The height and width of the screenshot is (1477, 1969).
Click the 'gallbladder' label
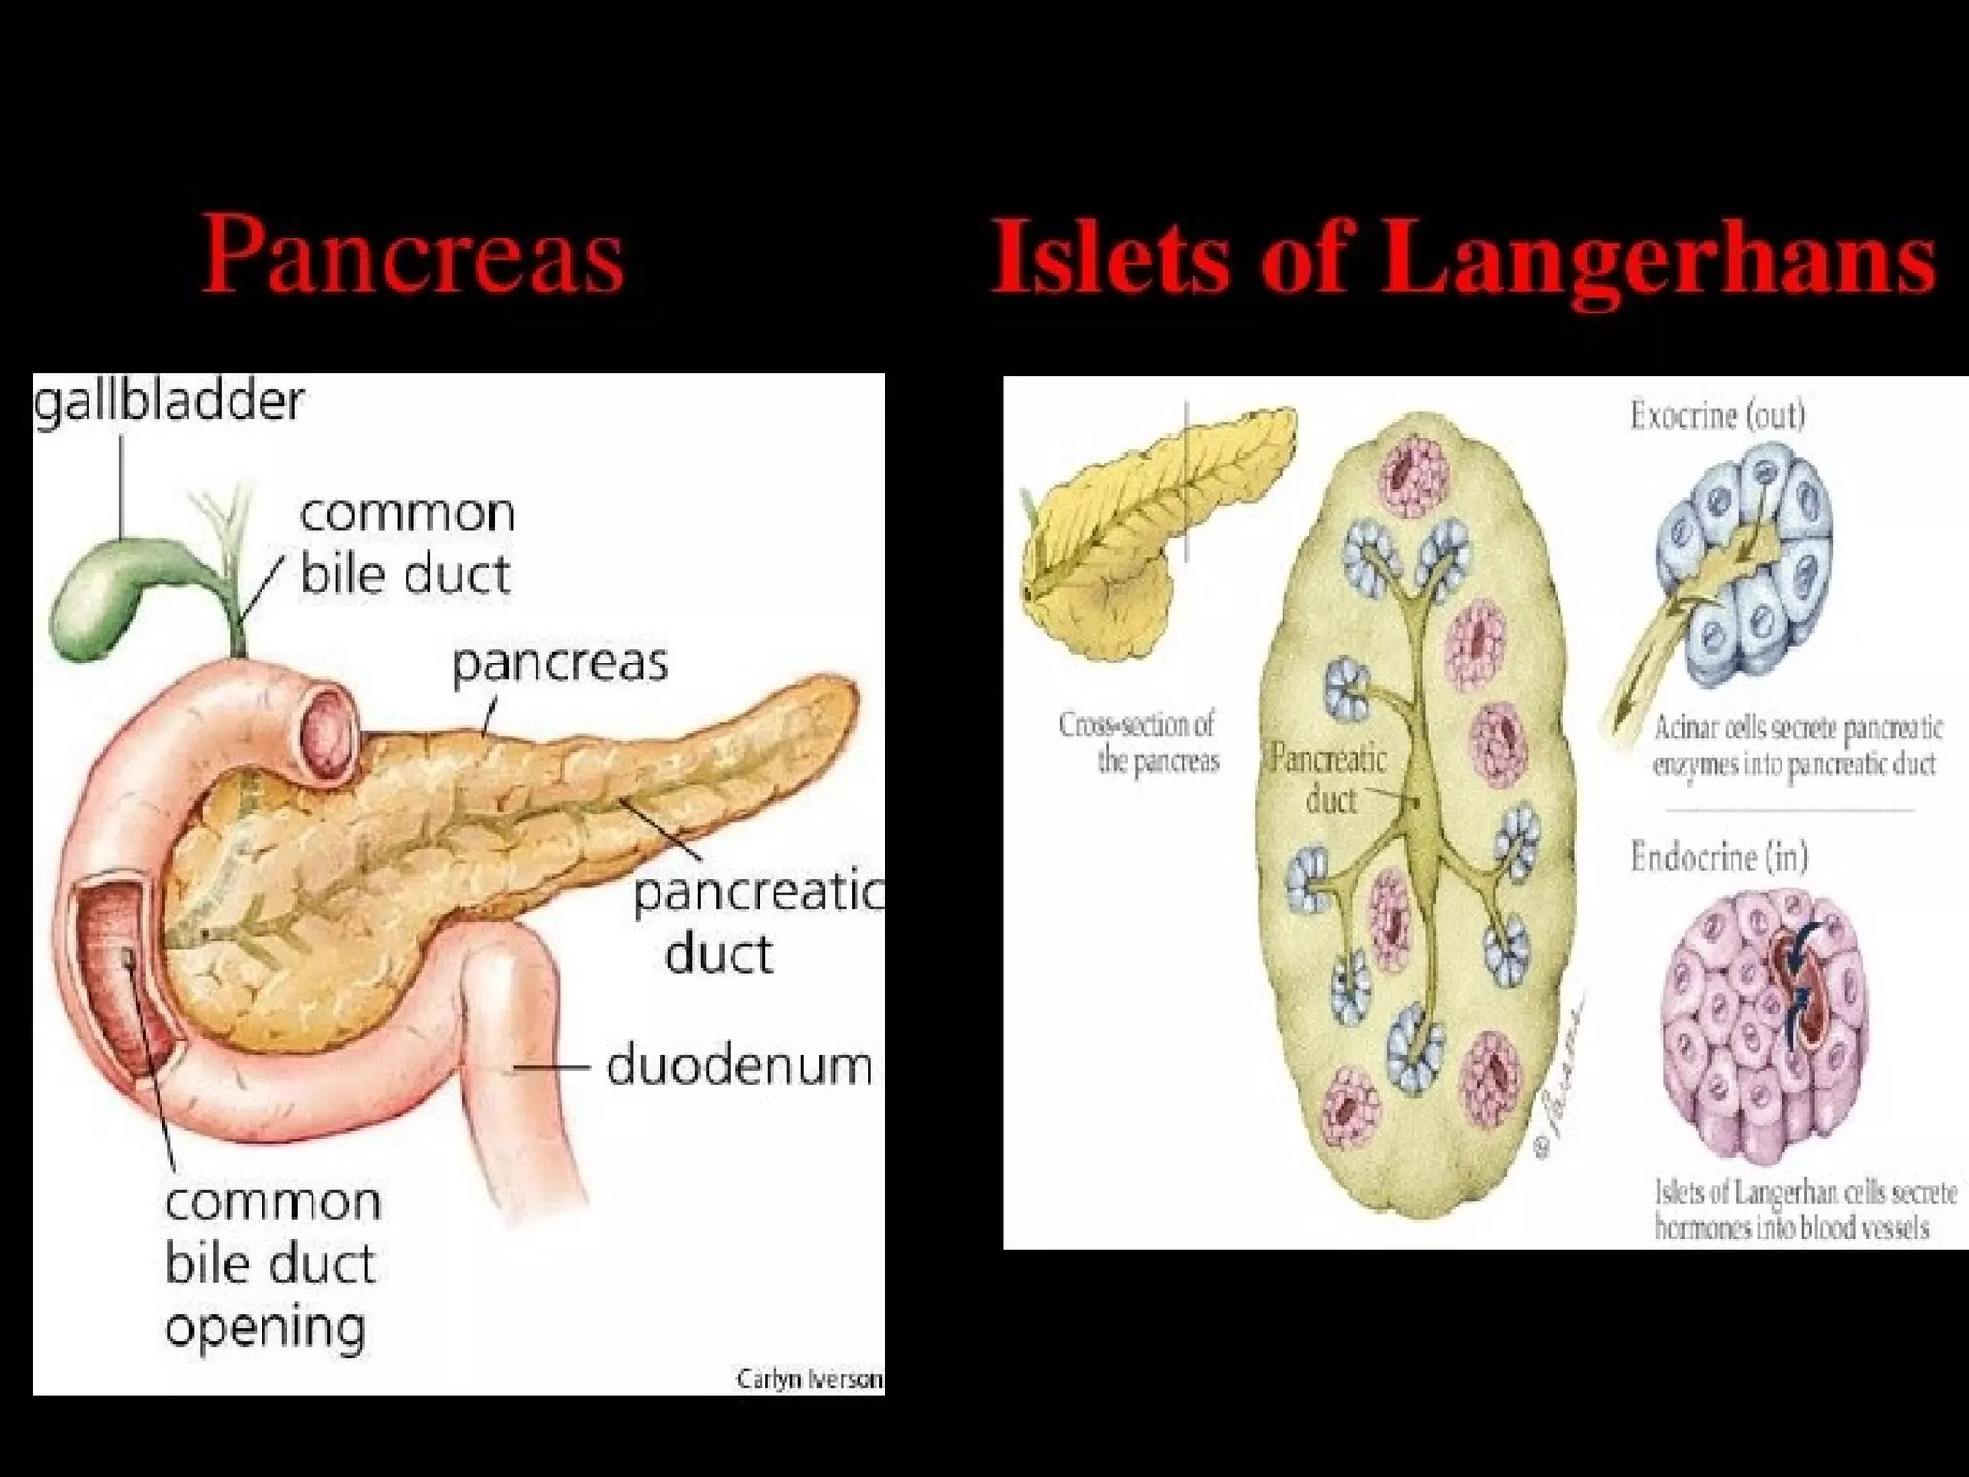168,401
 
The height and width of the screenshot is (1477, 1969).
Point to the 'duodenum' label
738,1066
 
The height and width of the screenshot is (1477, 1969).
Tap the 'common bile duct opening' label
272,1264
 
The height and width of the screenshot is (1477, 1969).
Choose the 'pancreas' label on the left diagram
560,663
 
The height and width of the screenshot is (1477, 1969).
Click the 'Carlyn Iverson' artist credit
809,1379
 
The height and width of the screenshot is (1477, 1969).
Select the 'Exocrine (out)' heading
1717,415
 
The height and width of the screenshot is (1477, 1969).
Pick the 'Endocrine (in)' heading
1718,857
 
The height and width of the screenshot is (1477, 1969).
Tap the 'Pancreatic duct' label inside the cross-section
1329,780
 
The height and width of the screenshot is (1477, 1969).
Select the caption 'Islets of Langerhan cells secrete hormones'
1805,1210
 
